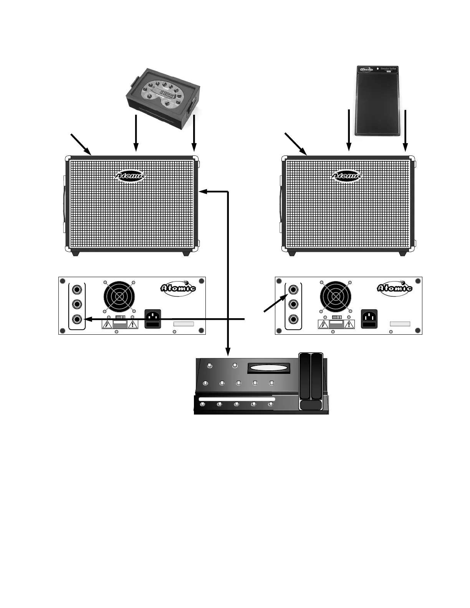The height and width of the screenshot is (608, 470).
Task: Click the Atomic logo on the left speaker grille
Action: (x=130, y=176)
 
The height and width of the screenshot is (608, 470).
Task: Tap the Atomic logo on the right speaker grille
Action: (x=347, y=176)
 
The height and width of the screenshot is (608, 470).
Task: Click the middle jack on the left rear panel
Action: (x=78, y=304)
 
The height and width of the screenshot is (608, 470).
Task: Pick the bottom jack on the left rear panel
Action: (x=78, y=319)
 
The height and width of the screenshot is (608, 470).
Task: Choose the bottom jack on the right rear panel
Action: (x=294, y=319)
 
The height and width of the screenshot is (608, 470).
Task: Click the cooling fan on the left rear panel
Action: (x=119, y=297)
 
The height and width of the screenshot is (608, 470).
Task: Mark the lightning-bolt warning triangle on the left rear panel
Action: (x=107, y=325)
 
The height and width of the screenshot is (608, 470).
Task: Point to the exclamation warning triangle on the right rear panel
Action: (x=349, y=325)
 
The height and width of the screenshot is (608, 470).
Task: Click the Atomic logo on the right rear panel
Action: (x=394, y=288)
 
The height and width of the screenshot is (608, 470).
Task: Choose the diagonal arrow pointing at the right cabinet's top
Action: (x=296, y=144)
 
